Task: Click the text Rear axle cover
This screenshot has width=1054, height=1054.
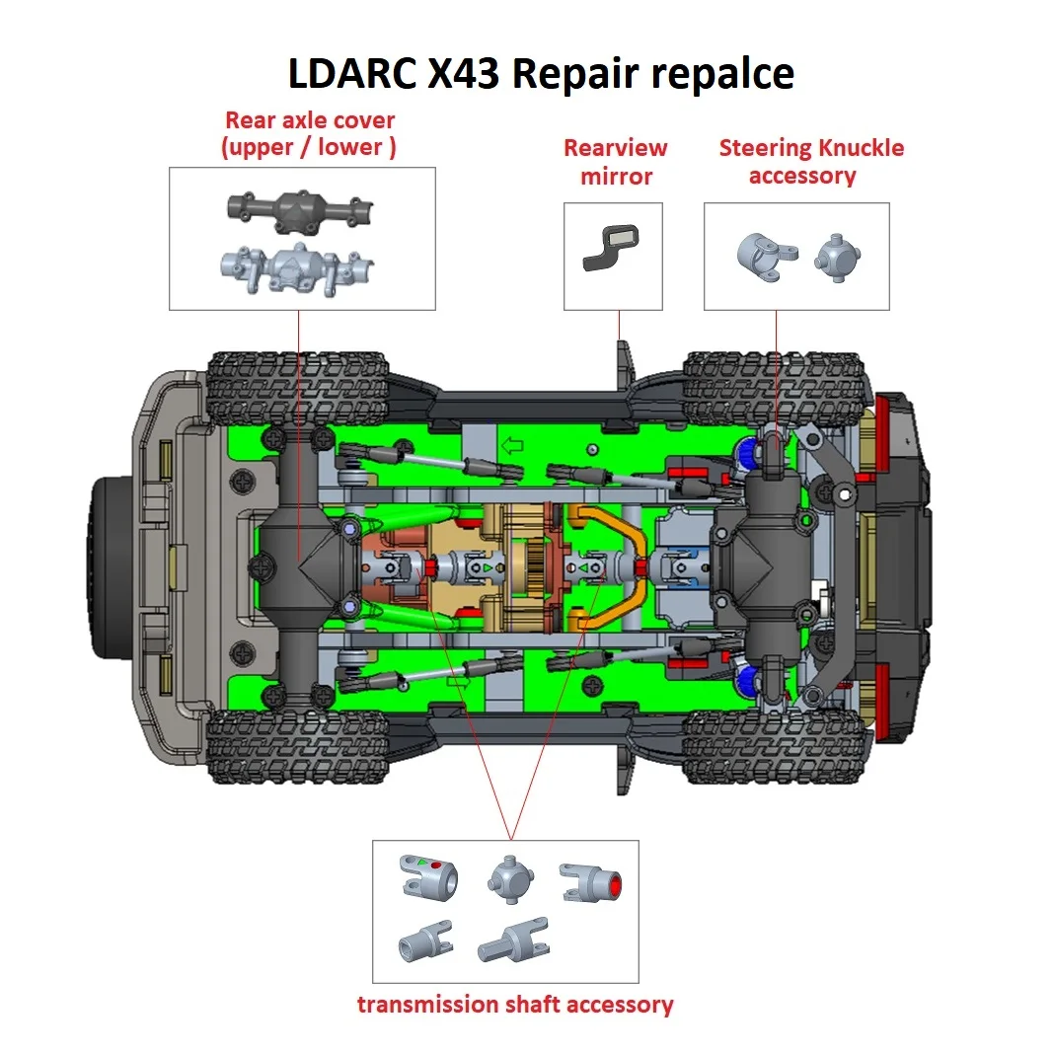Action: tap(310, 120)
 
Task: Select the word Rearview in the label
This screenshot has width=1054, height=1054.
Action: tap(615, 148)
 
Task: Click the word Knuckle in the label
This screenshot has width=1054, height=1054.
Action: tap(855, 148)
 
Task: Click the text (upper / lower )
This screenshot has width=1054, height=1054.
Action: tap(310, 148)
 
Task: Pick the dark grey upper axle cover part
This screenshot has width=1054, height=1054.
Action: tap(302, 210)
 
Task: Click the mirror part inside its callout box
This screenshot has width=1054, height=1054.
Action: tap(612, 247)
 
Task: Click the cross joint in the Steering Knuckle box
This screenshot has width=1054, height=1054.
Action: tap(835, 260)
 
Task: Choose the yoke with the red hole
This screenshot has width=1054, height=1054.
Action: tap(593, 882)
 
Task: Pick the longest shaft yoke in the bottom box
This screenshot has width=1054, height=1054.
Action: tap(513, 941)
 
